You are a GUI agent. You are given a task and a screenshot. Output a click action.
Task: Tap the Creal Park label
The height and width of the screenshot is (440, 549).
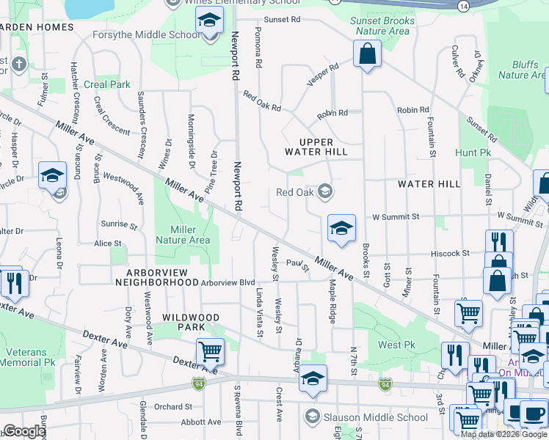pyautogui.click(x=107, y=85)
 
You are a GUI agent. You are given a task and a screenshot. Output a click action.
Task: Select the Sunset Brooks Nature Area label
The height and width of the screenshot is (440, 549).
pyautogui.click(x=382, y=26)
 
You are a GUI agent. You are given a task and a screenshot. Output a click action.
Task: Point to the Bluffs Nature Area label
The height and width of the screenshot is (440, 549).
pyautogui.click(x=523, y=70)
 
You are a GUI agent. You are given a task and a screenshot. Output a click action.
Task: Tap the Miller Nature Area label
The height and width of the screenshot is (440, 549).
pyautogui.click(x=183, y=235)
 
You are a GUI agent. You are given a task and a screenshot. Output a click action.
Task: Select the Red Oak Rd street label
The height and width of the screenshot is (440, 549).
pyautogui.click(x=262, y=102)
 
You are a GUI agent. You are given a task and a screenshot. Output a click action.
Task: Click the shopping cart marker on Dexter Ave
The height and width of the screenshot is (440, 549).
pyautogui.click(x=210, y=353)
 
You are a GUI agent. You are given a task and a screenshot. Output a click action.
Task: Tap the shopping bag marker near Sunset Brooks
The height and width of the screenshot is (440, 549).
pyautogui.click(x=366, y=54)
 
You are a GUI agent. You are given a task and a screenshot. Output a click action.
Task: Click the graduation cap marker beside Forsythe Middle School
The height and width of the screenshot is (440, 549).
pyautogui.click(x=209, y=22)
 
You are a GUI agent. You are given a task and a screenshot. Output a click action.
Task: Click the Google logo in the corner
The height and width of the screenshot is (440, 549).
pyautogui.click(x=24, y=431)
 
